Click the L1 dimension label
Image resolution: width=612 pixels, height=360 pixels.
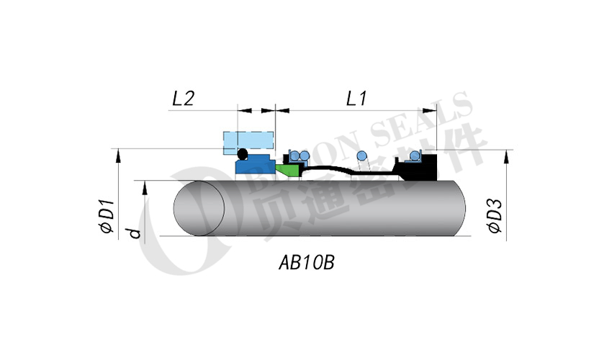(357, 99)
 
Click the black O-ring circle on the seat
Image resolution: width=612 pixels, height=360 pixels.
(243, 154)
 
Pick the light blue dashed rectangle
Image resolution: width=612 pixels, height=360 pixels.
(250, 140)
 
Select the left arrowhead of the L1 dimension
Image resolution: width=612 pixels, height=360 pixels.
(282, 111)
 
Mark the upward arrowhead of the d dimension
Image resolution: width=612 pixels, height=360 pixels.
(145, 185)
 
